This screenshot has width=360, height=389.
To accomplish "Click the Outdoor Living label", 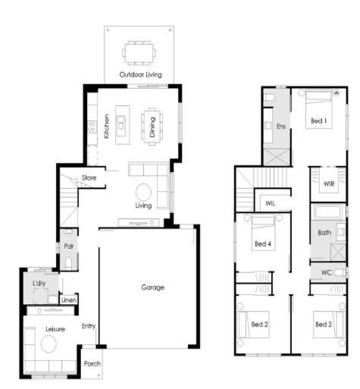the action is [x=140, y=74].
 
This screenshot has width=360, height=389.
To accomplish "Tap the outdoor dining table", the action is [x=139, y=53].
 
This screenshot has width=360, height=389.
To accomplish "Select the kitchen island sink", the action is [x=121, y=122].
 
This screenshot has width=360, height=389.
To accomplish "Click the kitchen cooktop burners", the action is [x=92, y=127].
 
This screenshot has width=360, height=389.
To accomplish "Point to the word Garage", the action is [x=153, y=287].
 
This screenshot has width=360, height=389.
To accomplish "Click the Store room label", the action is [x=89, y=177].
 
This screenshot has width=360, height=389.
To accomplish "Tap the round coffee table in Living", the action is [x=143, y=192].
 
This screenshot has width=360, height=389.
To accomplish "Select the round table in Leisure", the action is [x=49, y=344].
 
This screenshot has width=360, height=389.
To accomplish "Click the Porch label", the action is [x=92, y=363].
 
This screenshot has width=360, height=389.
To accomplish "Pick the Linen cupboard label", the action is [x=69, y=300].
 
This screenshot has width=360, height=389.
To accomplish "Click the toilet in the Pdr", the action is [x=68, y=263].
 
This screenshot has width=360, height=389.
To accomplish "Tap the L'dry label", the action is [x=39, y=283].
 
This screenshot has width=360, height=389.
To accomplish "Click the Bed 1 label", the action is [x=319, y=121].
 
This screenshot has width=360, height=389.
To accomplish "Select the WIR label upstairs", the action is [x=329, y=184].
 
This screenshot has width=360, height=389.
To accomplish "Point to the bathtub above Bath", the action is [x=328, y=212].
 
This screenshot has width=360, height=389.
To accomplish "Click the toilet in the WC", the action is [x=340, y=273].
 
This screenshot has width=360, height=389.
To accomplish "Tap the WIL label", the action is [x=271, y=203].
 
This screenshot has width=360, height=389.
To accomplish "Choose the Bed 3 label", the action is [x=324, y=325].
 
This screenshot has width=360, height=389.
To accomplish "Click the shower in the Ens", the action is [x=277, y=157].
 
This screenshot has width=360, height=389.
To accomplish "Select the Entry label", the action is [x=89, y=326].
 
